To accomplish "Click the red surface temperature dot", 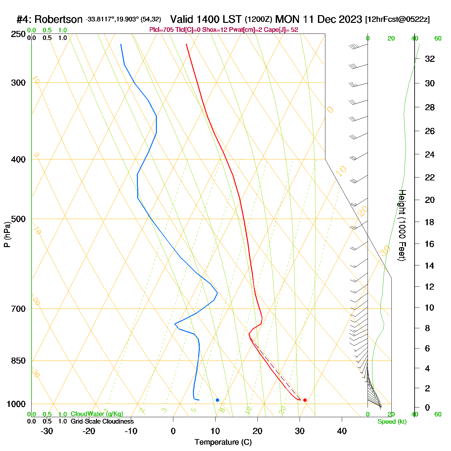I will (305, 400).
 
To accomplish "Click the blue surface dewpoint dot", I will (217, 400).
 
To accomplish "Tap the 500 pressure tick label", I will (18, 219).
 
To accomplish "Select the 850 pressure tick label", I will (18, 361).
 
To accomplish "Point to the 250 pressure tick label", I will (18, 34).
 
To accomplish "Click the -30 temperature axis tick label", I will (47, 431).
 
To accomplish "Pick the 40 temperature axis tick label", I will (342, 431).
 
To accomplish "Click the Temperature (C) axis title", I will (223, 442).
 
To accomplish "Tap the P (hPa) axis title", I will (7, 234).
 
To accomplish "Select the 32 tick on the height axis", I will (430, 59).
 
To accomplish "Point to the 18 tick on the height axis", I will (430, 222).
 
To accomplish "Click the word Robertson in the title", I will (58, 19).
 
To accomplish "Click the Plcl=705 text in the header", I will (161, 30).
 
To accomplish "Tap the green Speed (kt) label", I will (392, 422).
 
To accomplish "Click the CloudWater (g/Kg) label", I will (97, 414).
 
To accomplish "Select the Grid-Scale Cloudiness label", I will (102, 421).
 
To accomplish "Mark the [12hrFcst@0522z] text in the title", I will (397, 19).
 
